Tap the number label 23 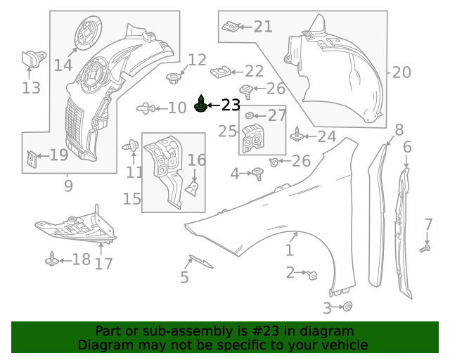tap(231, 105)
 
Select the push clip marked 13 tap(32, 58)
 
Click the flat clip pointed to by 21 tap(229, 27)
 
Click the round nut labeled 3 tap(347, 307)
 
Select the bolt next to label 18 tap(51, 259)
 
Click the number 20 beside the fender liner tap(401, 72)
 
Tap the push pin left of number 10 tap(144, 108)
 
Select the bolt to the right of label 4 tap(258, 172)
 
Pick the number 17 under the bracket tap(103, 264)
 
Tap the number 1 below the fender tap(290, 250)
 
